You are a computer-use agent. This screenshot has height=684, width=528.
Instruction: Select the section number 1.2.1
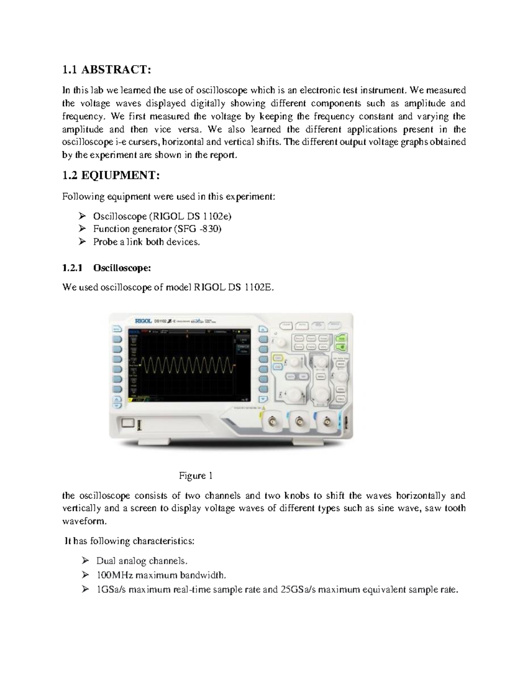tap(72, 268)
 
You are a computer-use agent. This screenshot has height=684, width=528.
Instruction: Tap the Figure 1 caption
tap(195, 476)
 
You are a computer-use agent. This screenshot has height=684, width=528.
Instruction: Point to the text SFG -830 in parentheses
tap(198, 229)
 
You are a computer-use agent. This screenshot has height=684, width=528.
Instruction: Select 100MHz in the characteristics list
tap(115, 575)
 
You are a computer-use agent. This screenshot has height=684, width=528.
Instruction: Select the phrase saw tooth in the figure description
tap(448, 508)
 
